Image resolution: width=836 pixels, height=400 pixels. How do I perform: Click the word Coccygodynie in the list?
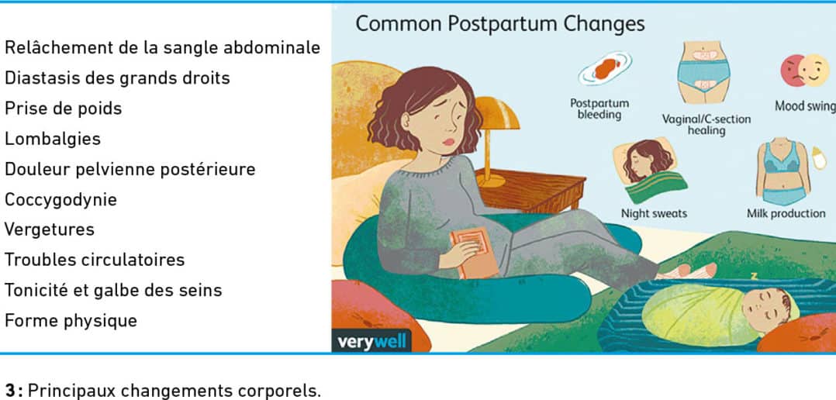coord(60,200)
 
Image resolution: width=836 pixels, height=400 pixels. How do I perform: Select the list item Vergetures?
coord(50,230)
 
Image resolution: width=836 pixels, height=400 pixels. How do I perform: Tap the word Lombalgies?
coord(52,139)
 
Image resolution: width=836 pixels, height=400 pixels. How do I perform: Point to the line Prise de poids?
coord(63,109)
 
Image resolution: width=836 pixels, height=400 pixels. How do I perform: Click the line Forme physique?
coord(71,321)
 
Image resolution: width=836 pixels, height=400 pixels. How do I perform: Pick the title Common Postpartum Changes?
coord(500,24)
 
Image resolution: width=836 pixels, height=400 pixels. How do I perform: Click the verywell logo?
coord(371,341)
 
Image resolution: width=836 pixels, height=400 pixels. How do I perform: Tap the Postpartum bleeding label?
coord(599,109)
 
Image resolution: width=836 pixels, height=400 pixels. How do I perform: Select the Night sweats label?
coord(654,214)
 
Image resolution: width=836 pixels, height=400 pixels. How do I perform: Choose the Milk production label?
coord(786,214)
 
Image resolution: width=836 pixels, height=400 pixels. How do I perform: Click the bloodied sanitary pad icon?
coord(605,69)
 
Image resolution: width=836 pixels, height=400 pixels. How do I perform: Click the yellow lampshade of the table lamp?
coord(497,113)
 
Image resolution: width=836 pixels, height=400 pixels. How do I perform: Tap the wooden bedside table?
coord(530,190)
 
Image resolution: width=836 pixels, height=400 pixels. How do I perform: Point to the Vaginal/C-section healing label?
coord(706,125)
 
